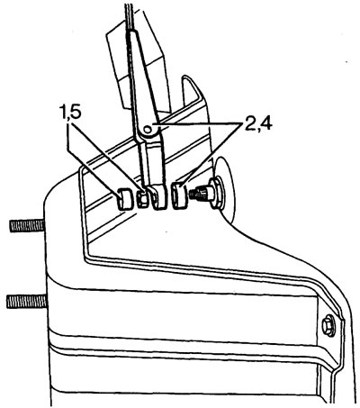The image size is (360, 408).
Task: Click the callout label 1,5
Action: pos(70,113)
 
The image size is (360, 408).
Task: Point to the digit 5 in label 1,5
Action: pos(76,113)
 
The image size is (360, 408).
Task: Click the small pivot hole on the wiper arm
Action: pos(148,130)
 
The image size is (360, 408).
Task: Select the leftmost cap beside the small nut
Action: pos(124,198)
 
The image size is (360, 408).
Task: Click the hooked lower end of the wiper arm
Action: pos(159,197)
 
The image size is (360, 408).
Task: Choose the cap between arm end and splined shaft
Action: pos(178,196)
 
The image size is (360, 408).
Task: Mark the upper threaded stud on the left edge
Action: pos(28,226)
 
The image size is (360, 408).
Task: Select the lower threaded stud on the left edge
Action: pos(27,301)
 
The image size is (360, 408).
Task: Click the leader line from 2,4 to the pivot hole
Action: pos(197,124)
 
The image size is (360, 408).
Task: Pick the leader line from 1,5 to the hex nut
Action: pos(104,156)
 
